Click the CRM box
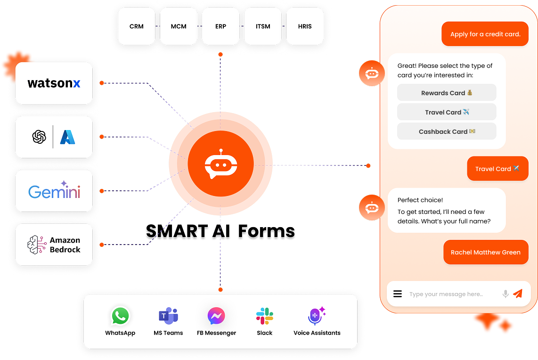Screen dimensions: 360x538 [136, 26]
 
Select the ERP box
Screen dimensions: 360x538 [220, 26]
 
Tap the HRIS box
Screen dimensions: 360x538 [305, 26]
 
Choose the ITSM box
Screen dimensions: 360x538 [263, 26]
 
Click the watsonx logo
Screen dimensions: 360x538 [54, 83]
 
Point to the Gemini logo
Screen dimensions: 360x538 [54, 190]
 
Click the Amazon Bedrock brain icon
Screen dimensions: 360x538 [37, 245]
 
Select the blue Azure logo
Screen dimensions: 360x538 [68, 137]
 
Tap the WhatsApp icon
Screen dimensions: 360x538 [120, 316]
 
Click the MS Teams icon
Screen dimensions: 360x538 [168, 316]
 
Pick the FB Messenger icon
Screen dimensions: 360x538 [216, 316]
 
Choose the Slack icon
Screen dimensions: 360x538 [265, 316]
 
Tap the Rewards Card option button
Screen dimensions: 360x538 [447, 93]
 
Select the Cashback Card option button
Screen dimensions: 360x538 [447, 131]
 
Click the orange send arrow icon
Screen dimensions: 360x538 [518, 294]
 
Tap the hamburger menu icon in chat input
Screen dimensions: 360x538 [398, 294]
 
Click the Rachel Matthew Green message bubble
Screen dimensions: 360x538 [486, 253]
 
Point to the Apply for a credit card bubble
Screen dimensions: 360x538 [485, 34]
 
